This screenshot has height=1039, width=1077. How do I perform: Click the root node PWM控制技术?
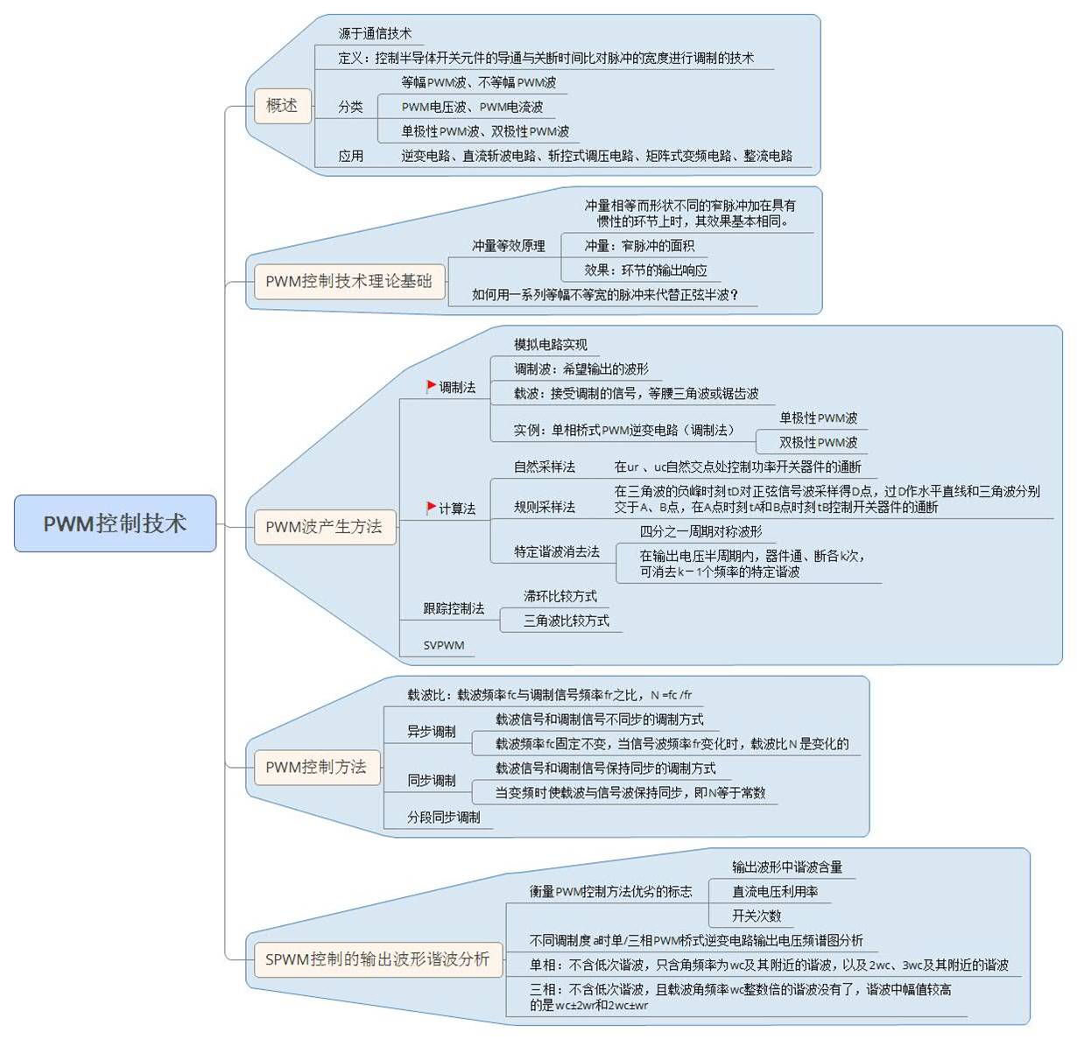pyautogui.click(x=115, y=523)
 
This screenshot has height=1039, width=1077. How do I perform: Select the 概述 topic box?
pyautogui.click(x=282, y=105)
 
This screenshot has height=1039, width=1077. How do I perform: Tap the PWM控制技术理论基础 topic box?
pyautogui.click(x=348, y=281)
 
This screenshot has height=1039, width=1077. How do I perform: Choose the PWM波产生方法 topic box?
pyautogui.click(x=324, y=526)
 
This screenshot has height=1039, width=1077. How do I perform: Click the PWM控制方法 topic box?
pyautogui.click(x=317, y=767)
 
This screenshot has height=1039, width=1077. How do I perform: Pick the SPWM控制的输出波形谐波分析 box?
pyautogui.click(x=377, y=958)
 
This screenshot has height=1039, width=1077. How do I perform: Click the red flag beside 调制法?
pyautogui.click(x=431, y=386)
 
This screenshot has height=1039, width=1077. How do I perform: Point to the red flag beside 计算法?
pyautogui.click(x=431, y=507)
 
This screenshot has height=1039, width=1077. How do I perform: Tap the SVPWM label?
pyautogui.click(x=443, y=644)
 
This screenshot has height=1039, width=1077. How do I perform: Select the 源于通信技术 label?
pyautogui.click(x=375, y=33)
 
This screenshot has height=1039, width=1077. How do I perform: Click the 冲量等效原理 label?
pyautogui.click(x=508, y=246)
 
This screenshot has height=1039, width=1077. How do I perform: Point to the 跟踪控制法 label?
pyautogui.click(x=454, y=608)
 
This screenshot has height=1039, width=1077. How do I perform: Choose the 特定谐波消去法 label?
pyautogui.click(x=556, y=551)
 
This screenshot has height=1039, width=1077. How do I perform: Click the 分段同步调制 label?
pyautogui.click(x=443, y=818)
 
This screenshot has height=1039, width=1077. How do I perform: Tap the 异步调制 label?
pyautogui.click(x=431, y=732)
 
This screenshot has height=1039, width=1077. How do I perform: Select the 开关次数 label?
pyautogui.click(x=756, y=916)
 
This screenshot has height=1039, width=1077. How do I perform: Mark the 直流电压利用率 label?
pyautogui.click(x=775, y=891)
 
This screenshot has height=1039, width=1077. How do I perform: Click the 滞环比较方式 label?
pyautogui.click(x=560, y=596)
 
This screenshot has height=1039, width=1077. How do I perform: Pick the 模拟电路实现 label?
pyautogui.click(x=550, y=345)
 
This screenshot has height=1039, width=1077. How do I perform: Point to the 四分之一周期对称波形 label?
pyautogui.click(x=700, y=531)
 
